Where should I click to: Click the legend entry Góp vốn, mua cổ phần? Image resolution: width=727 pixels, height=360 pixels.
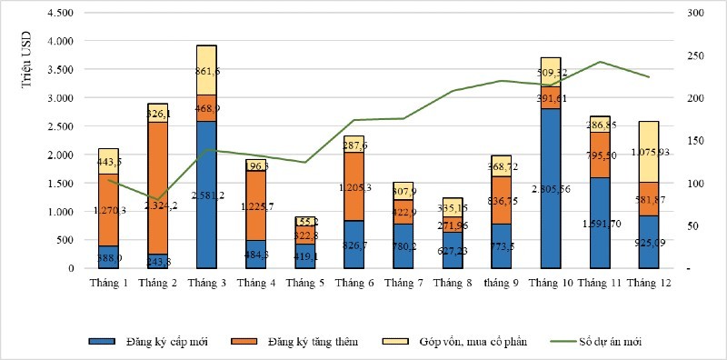tap(463, 342)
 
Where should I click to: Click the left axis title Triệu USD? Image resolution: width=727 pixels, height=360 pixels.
tap(28, 64)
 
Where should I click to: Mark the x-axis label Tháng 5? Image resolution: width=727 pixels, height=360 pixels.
tap(304, 284)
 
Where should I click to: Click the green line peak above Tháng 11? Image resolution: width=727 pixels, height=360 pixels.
tap(601, 62)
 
